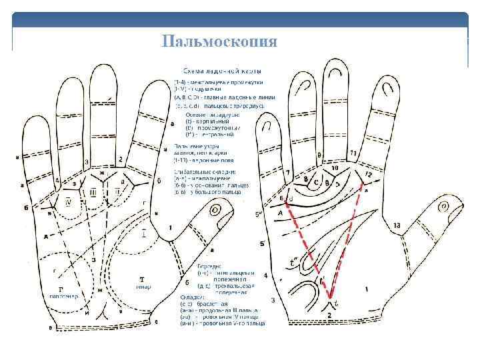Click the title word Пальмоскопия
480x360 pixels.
219,41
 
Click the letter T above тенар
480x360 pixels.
142,278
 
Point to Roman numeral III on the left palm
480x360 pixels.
93,192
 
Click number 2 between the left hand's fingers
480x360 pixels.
120,159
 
